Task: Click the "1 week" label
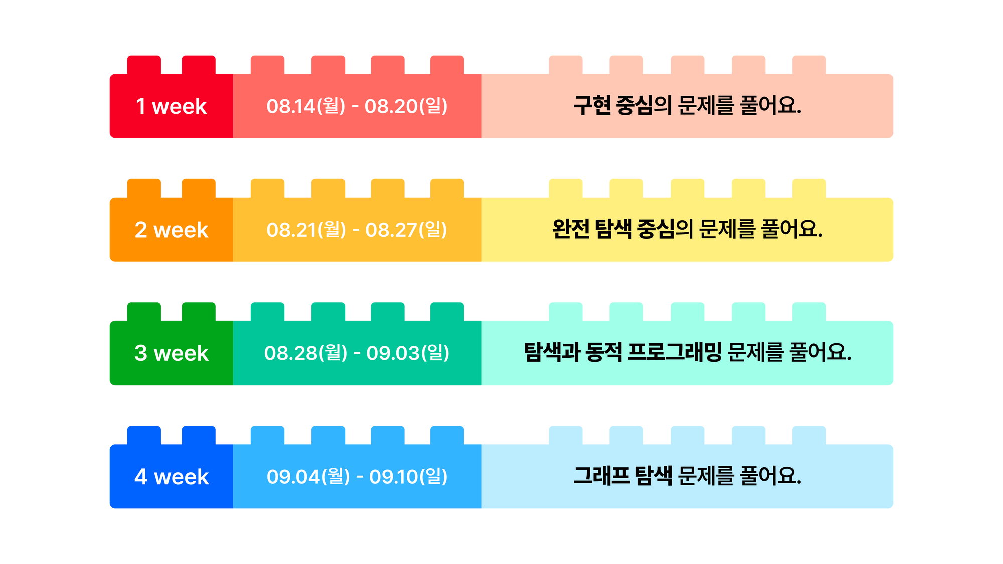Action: (171, 106)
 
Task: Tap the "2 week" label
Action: (171, 230)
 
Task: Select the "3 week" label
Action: (171, 353)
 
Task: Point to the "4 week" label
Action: (171, 477)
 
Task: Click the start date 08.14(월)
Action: (306, 106)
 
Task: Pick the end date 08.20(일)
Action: (406, 106)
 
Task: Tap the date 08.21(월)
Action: (306, 230)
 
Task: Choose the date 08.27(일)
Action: (406, 230)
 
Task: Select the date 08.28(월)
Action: (305, 353)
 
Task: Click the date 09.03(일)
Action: (408, 353)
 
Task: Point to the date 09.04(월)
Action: (308, 477)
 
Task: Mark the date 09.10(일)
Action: (408, 477)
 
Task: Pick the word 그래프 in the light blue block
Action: (601, 476)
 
